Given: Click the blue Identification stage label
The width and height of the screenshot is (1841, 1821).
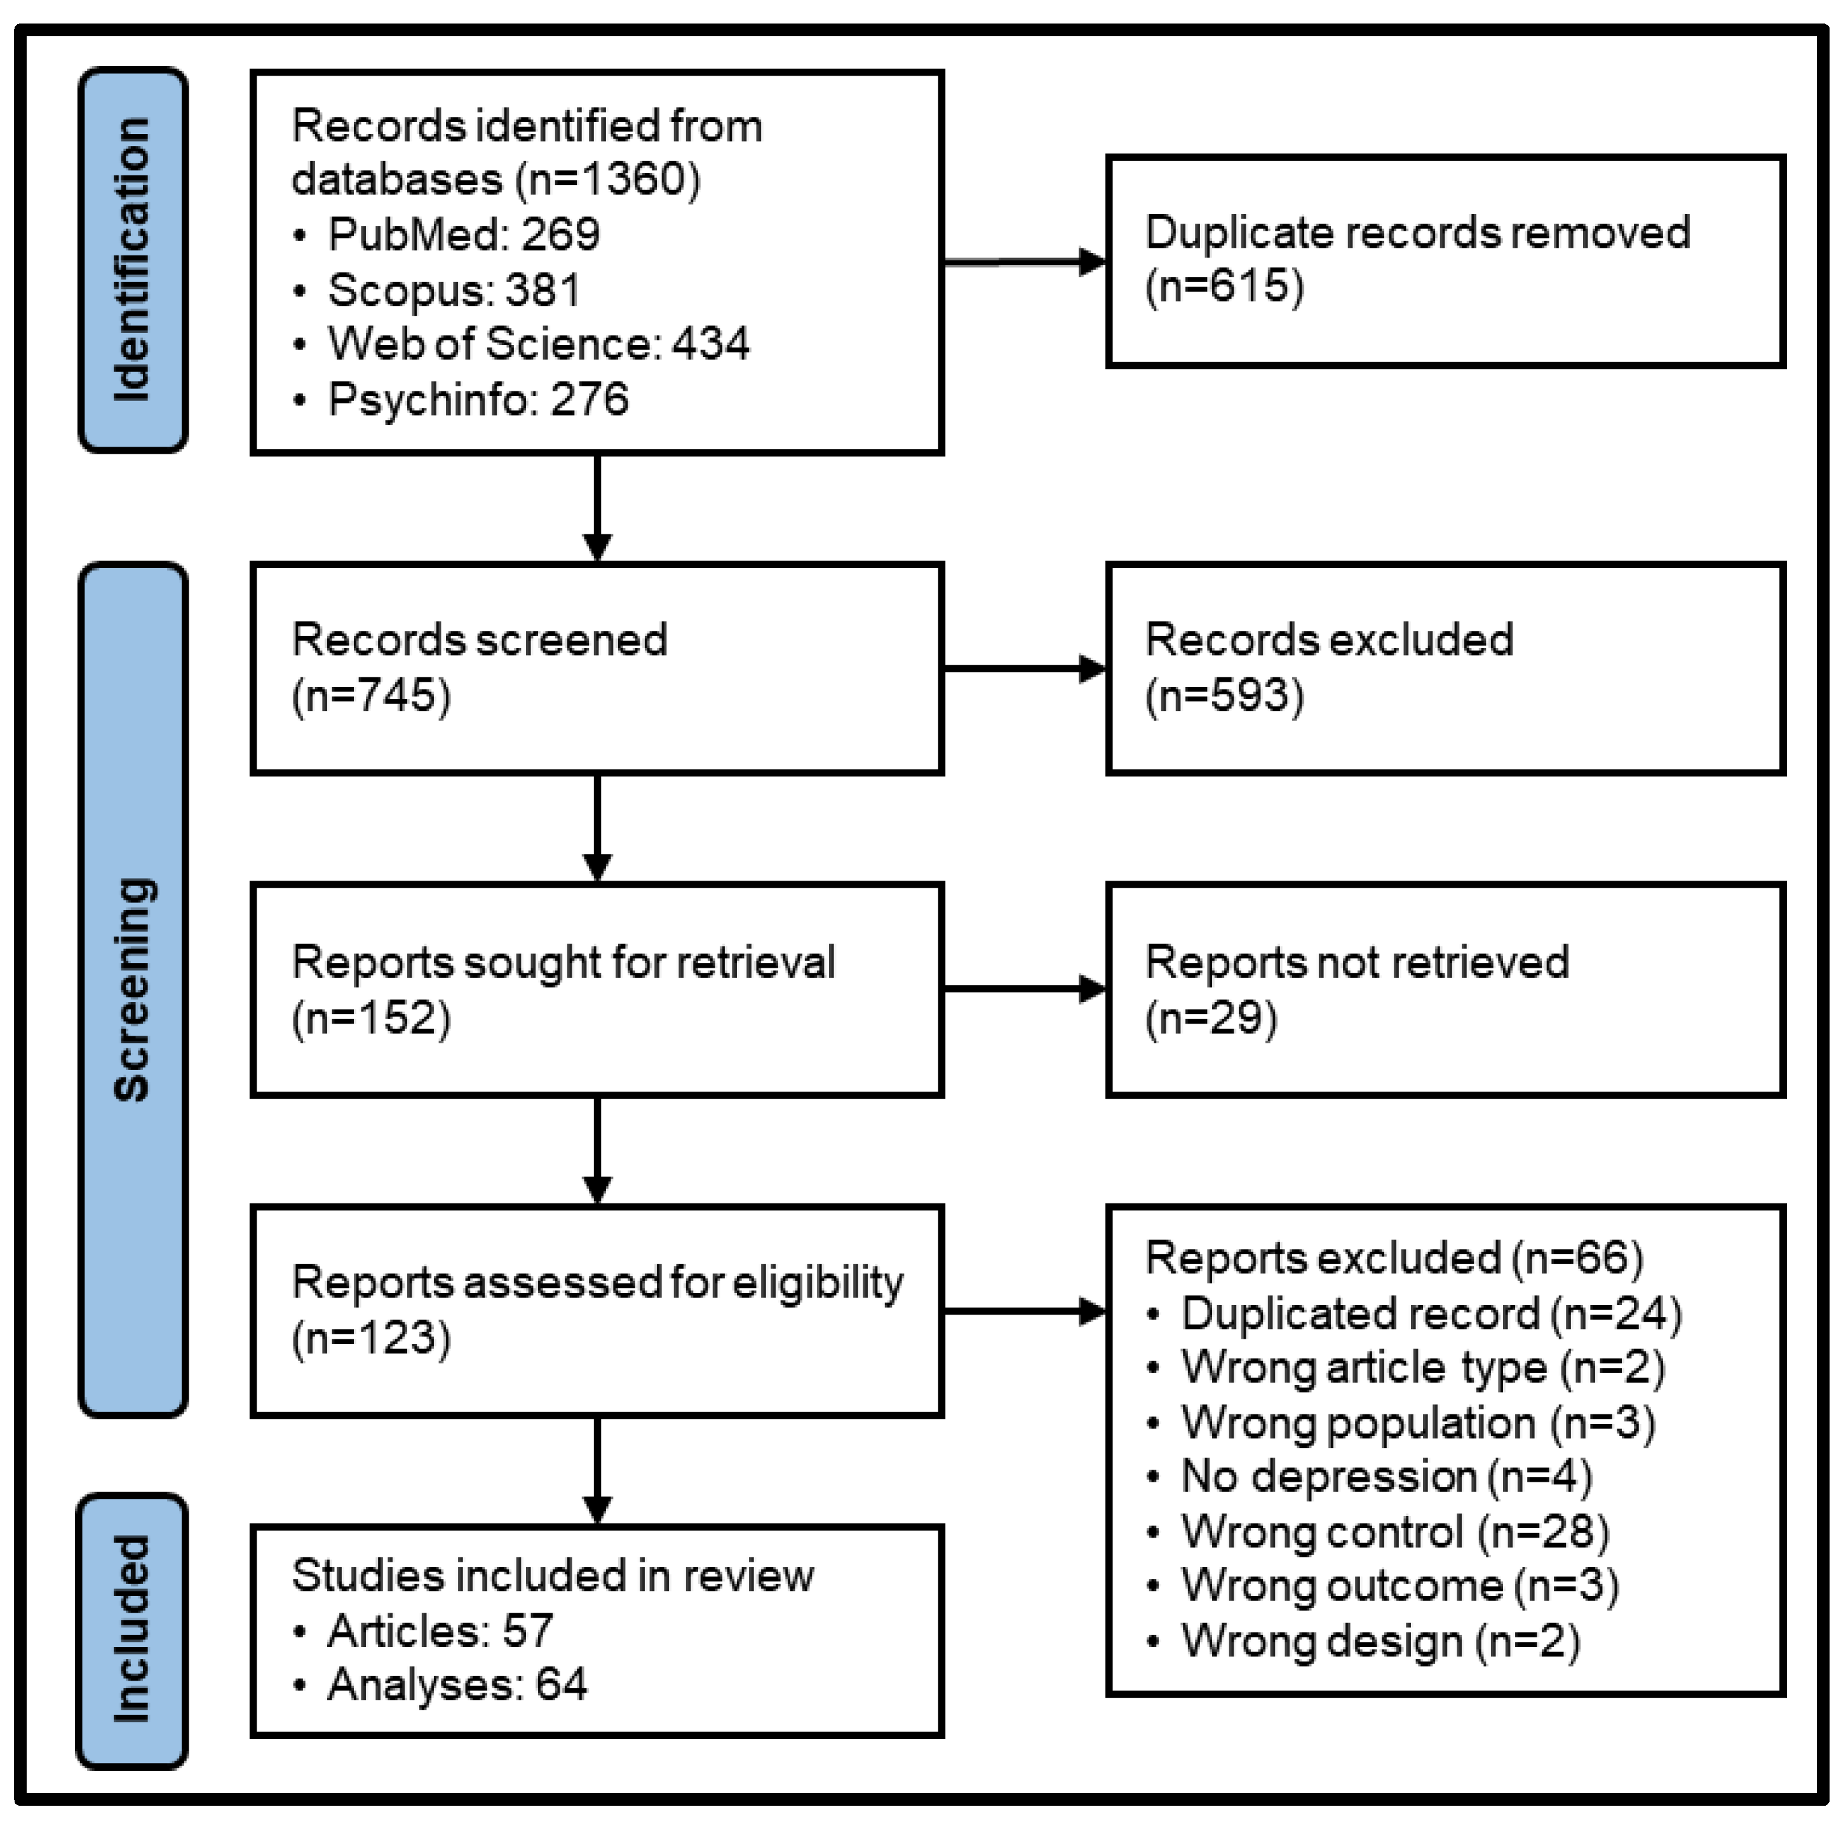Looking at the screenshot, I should (x=132, y=259).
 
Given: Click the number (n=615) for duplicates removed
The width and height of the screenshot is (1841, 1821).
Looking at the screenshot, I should (x=1225, y=286).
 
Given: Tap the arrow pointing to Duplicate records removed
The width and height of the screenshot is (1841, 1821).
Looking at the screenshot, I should (x=1024, y=262).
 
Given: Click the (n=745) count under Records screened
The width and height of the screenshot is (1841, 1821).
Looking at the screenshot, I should (x=372, y=694).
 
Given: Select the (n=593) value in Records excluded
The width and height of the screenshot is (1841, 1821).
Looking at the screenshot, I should (x=1225, y=694).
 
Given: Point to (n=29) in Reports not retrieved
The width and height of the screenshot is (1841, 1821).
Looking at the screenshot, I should (x=1211, y=1018).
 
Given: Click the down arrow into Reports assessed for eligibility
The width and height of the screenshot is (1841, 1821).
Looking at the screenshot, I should (x=597, y=1150).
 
